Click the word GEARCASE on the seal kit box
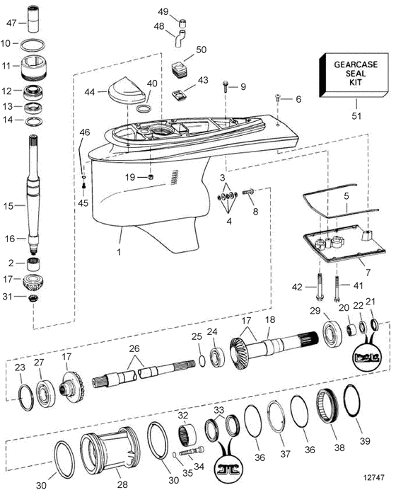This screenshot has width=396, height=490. point(356,64)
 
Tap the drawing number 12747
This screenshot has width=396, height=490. point(373,477)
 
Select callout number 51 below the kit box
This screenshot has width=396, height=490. point(356,115)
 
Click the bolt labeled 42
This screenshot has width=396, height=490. point(320,286)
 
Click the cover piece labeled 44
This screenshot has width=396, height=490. point(127,91)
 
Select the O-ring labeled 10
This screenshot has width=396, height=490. point(33,45)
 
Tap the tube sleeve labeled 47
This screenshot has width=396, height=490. point(34,18)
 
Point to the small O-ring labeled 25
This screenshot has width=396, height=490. point(202,362)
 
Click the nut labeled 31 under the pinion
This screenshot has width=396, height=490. point(33,297)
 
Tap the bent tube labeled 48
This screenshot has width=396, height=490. point(180,38)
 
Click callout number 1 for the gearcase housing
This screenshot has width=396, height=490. point(119,251)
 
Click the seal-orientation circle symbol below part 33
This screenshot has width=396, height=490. point(228,467)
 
